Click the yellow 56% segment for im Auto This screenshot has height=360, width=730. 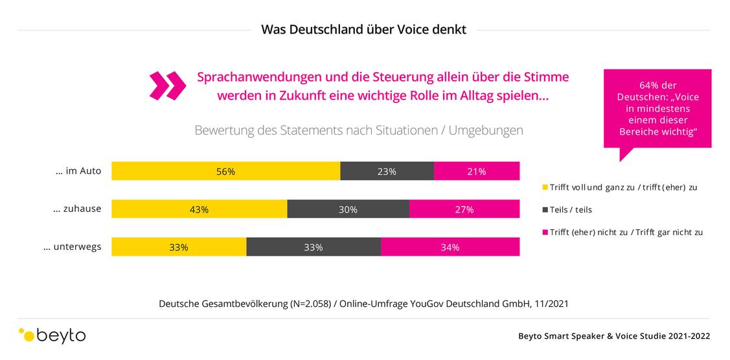pyautogui.click(x=226, y=171)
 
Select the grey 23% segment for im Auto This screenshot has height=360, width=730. pyautogui.click(x=387, y=171)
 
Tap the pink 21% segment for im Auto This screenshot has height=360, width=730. pyautogui.click(x=477, y=171)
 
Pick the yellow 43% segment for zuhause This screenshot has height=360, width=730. pyautogui.click(x=200, y=209)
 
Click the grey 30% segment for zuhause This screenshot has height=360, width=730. pyautogui.click(x=348, y=209)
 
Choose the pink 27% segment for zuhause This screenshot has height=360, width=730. pyautogui.click(x=464, y=209)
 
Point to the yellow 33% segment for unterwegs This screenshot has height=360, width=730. pyautogui.click(x=179, y=247)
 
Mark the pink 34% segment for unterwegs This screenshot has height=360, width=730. pyautogui.click(x=450, y=247)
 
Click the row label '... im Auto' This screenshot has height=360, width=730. pyautogui.click(x=78, y=171)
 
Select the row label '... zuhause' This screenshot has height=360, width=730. pyautogui.click(x=77, y=208)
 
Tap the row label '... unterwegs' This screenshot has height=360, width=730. pyautogui.click(x=72, y=247)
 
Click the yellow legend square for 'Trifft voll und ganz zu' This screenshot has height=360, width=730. pyautogui.click(x=545, y=187)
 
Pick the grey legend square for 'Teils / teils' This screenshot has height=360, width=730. pyautogui.click(x=545, y=210)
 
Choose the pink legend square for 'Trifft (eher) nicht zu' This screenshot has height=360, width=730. pyautogui.click(x=545, y=232)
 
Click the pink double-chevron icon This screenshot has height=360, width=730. pyautogui.click(x=168, y=85)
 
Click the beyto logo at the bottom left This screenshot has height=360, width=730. pyautogui.click(x=52, y=335)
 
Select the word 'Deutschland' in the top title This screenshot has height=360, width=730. pyautogui.click(x=318, y=30)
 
